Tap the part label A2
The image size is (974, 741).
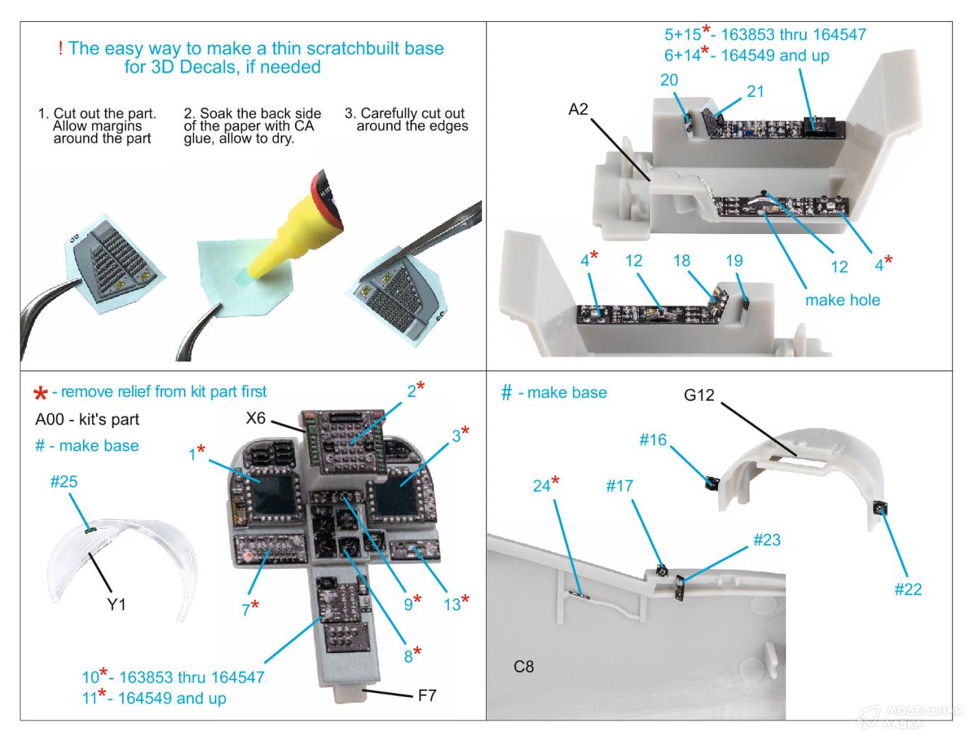pos(578,109)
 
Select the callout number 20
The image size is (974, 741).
pos(669,80)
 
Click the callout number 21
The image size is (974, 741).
pos(755,91)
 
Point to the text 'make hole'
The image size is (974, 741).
pos(843,300)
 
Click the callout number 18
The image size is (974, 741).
pos(681,260)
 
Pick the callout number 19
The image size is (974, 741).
pos(734,260)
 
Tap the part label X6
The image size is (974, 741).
pos(256,418)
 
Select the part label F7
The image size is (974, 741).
pos(427,695)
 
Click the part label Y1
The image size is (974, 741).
pos(117,604)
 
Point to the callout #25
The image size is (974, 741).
pos(64,482)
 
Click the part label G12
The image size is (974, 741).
pos(699,395)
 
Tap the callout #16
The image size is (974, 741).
pos(653,440)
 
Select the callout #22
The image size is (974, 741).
pos(908,589)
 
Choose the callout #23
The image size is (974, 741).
pos(766,540)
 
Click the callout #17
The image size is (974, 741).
pos(619,486)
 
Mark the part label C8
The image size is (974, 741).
pos(523,666)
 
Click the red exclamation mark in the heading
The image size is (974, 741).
pos(60,49)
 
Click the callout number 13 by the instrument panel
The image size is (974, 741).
pos(451,604)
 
